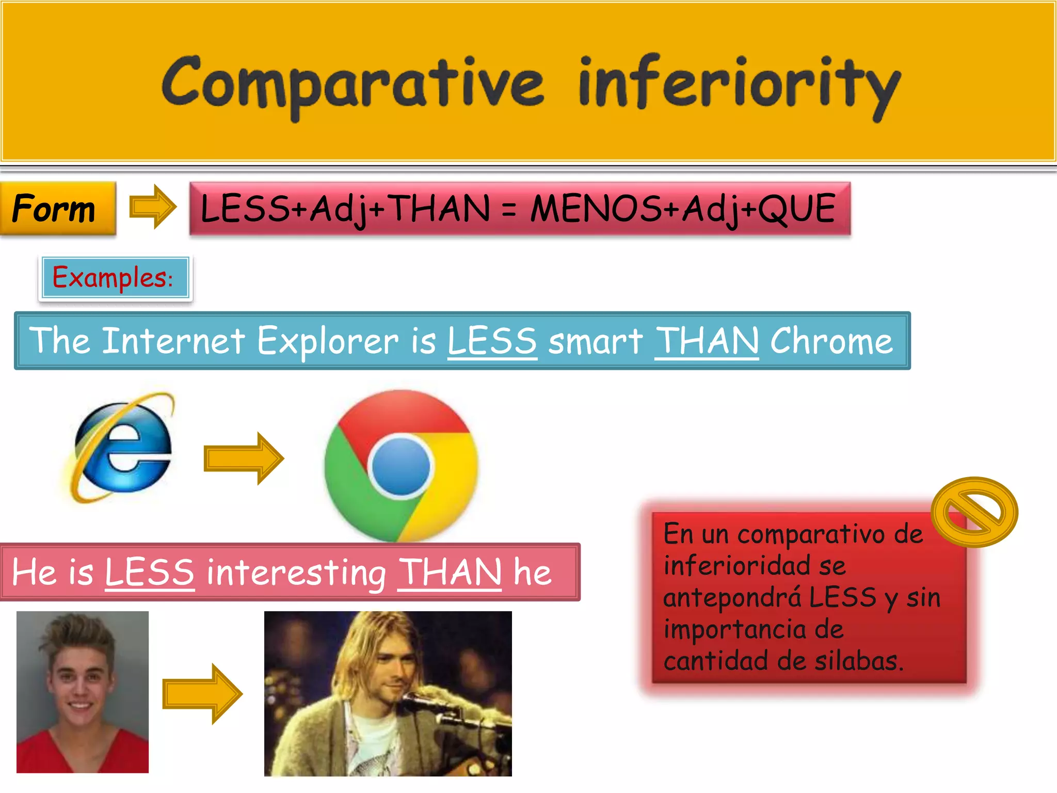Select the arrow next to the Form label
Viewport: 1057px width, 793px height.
pyautogui.click(x=152, y=207)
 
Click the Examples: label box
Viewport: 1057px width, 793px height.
pyautogui.click(x=115, y=278)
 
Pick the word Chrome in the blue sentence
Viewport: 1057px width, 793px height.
pyautogui.click(x=831, y=341)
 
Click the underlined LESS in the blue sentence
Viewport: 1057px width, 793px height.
pyautogui.click(x=492, y=341)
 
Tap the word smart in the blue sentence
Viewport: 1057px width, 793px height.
pyautogui.click(x=595, y=341)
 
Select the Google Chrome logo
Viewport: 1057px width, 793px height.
pyautogui.click(x=401, y=465)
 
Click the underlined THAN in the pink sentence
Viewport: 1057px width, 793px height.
pyautogui.click(x=449, y=572)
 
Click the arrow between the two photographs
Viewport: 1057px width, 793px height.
pyautogui.click(x=202, y=693)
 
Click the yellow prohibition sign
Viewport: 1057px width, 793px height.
pyautogui.click(x=974, y=512)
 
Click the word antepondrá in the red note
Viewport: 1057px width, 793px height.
pyautogui.click(x=732, y=598)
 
